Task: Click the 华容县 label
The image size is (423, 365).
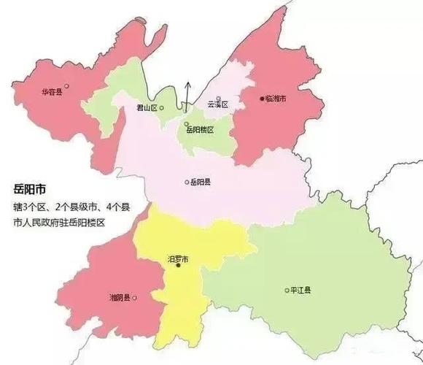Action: click(x=50, y=92)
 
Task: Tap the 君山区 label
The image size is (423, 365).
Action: click(x=147, y=108)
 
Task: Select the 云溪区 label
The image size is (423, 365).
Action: click(x=217, y=105)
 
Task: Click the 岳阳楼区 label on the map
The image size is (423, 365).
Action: click(x=200, y=130)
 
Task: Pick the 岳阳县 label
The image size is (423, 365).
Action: click(x=201, y=182)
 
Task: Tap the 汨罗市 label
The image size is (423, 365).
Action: click(x=178, y=258)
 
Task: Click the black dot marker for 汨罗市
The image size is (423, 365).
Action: click(x=178, y=266)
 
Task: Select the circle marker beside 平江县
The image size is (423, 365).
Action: click(x=286, y=291)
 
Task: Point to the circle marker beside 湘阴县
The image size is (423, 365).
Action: click(x=133, y=298)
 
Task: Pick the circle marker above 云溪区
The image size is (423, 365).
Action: click(x=217, y=98)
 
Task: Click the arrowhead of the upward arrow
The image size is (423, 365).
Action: click(x=187, y=84)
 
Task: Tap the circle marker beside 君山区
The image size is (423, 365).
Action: click(x=162, y=108)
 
